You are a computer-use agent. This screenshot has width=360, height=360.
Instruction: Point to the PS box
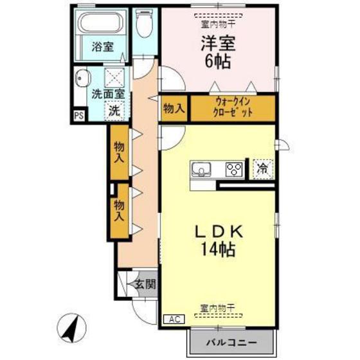pyautogui.click(x=78, y=116)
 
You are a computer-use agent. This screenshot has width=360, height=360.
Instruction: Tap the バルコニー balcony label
pyautogui.click(x=231, y=341)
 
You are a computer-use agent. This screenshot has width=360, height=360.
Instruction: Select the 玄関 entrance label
pyautogui.click(x=145, y=284)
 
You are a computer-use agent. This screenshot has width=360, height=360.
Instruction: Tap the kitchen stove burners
pyautogui.click(x=233, y=170)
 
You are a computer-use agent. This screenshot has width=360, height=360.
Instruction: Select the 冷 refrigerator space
pyautogui.click(x=262, y=168)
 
